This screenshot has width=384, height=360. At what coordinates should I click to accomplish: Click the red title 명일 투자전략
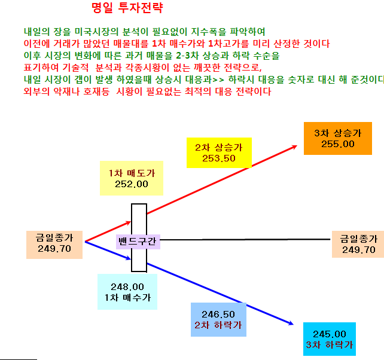[127, 8]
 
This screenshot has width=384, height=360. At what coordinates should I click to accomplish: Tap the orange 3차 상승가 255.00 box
[338, 138]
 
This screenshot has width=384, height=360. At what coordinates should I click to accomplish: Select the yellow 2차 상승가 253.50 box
[219, 153]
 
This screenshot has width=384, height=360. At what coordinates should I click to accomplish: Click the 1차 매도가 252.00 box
[132, 178]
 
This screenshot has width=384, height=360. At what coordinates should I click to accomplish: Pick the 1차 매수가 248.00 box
[127, 292]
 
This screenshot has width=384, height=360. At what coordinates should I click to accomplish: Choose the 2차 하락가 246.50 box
[218, 319]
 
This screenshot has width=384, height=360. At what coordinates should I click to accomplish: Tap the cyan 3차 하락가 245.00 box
[330, 339]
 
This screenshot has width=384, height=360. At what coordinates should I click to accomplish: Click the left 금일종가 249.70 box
[54, 245]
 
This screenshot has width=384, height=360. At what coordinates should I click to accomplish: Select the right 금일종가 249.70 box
[358, 244]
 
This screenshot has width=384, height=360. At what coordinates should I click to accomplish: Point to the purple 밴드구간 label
[138, 242]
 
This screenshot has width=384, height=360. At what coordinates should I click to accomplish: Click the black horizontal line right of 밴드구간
[245, 239]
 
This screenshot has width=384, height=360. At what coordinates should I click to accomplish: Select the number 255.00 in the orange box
[338, 144]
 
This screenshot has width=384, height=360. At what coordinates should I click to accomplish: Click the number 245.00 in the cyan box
[330, 334]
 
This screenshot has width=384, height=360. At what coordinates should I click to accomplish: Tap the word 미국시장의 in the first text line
[96, 32]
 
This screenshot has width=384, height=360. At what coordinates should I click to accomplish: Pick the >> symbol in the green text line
[218, 80]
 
